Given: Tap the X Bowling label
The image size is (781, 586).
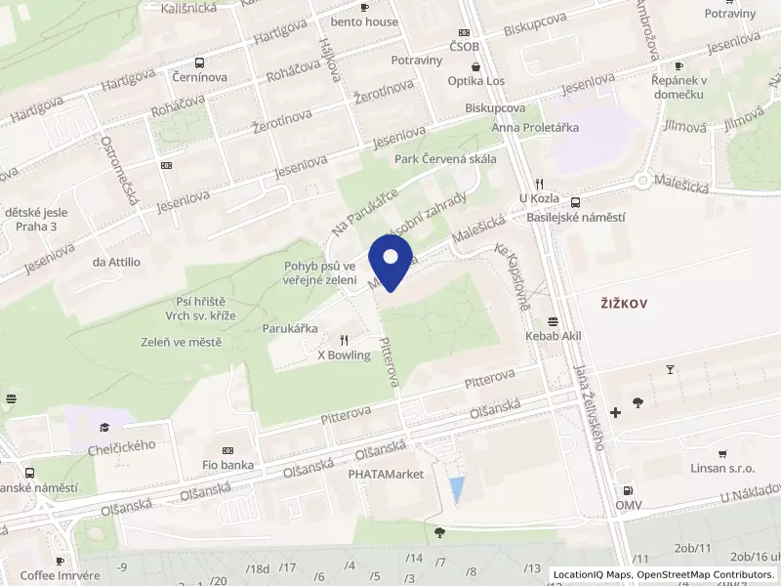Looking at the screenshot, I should (344, 356).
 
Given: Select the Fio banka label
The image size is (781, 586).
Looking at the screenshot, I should (227, 465).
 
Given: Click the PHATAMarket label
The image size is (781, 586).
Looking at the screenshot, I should (386, 474).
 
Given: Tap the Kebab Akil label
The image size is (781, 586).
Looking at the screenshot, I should (554, 336).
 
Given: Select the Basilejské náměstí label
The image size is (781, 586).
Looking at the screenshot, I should (575, 217).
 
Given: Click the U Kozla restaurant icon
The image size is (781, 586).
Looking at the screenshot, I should (538, 183).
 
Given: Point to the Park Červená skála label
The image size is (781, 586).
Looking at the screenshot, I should (445, 159).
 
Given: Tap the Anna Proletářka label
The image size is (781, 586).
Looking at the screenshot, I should (536, 128).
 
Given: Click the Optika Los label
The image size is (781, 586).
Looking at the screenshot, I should (475, 81).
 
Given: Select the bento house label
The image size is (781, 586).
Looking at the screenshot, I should (366, 21).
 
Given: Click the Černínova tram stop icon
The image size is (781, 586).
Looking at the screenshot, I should (199, 61).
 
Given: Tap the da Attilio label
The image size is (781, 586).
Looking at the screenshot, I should (116, 262).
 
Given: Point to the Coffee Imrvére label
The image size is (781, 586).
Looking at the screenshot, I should (60, 575).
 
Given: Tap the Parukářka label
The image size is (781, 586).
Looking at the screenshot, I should (290, 329).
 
